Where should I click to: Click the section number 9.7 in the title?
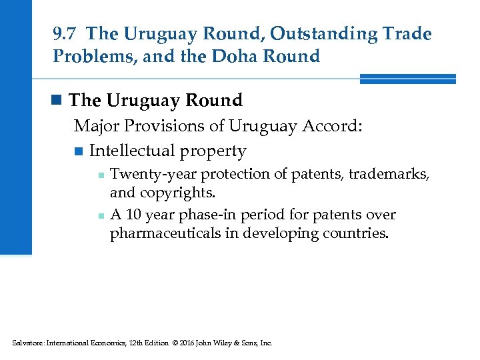pos(66,33)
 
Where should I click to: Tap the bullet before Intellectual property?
pos(79,151)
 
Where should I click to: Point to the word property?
pos(216,151)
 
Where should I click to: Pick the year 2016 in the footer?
pos(187,343)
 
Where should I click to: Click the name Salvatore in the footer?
pos(29,343)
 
